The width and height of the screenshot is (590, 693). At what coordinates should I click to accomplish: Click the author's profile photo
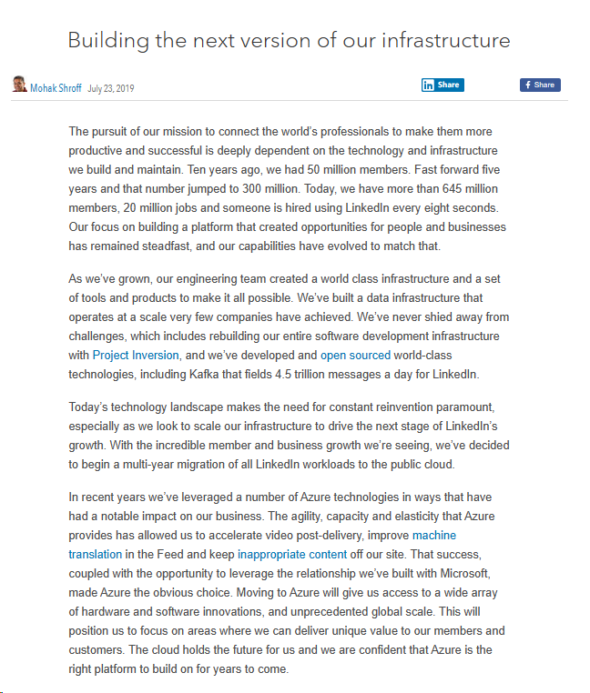(x=18, y=85)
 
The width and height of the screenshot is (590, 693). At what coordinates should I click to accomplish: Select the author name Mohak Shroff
(x=56, y=88)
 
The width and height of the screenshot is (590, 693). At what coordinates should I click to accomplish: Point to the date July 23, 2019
(x=110, y=88)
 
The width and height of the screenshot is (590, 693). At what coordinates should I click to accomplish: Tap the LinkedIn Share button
(x=442, y=85)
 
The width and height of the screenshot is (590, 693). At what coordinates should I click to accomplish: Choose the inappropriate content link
(x=292, y=555)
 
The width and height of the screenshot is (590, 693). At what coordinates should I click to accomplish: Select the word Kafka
(x=206, y=375)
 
